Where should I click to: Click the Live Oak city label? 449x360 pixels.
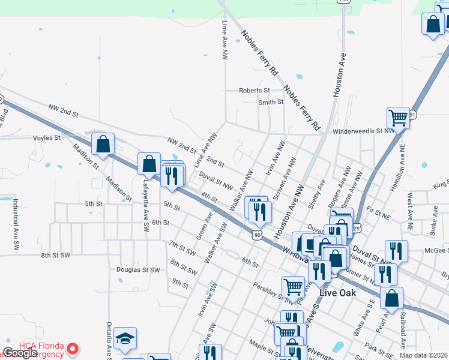pyautogui.click(x=337, y=293)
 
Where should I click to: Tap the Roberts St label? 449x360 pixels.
pyautogui.click(x=255, y=91)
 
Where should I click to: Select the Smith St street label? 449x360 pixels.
pyautogui.click(x=271, y=102)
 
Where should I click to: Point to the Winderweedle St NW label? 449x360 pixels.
pyautogui.click(x=363, y=130)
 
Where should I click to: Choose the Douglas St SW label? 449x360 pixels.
pyautogui.click(x=139, y=270)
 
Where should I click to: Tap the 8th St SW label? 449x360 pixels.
pyautogui.click(x=56, y=255)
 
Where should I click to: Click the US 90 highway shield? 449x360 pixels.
pyautogui.click(x=257, y=235)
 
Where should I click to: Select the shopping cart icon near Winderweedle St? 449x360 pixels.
pyautogui.click(x=398, y=117)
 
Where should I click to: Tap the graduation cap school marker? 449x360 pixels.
pyautogui.click(x=125, y=340)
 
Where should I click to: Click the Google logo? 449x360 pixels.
pyautogui.click(x=20, y=353)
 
